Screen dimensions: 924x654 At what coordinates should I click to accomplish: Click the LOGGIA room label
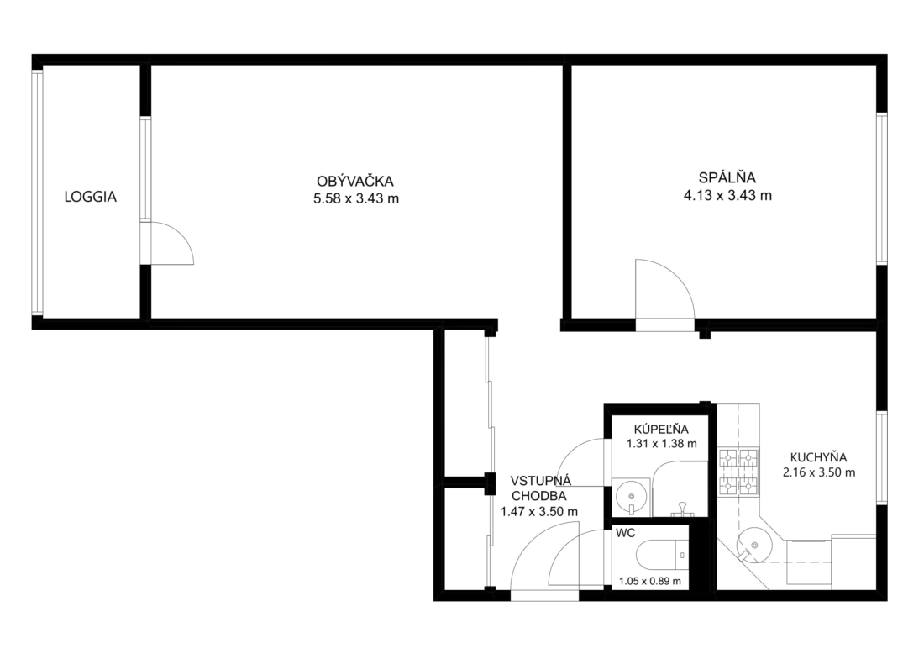[90, 197]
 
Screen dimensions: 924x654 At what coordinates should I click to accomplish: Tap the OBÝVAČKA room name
[354, 182]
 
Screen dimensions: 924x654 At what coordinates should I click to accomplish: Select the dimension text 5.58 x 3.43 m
[356, 198]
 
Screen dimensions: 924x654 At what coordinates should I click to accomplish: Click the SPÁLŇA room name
[727, 177]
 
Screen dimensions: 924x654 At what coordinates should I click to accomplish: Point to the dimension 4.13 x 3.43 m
[727, 195]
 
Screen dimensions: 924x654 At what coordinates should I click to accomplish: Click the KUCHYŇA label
[818, 457]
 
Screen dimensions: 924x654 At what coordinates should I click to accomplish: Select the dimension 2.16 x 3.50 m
[818, 472]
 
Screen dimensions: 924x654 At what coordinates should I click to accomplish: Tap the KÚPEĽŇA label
[660, 429]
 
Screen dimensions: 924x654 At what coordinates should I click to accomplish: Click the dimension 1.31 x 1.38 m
[661, 444]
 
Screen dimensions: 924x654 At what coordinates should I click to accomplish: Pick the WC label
[625, 533]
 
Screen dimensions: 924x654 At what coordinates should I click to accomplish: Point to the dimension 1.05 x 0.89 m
[649, 582]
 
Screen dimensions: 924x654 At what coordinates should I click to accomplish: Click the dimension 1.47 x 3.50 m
[538, 512]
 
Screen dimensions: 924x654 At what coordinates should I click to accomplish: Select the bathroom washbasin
[630, 497]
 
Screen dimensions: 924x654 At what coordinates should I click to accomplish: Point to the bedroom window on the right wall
[881, 188]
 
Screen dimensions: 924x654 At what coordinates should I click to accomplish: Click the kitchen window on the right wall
[881, 457]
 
